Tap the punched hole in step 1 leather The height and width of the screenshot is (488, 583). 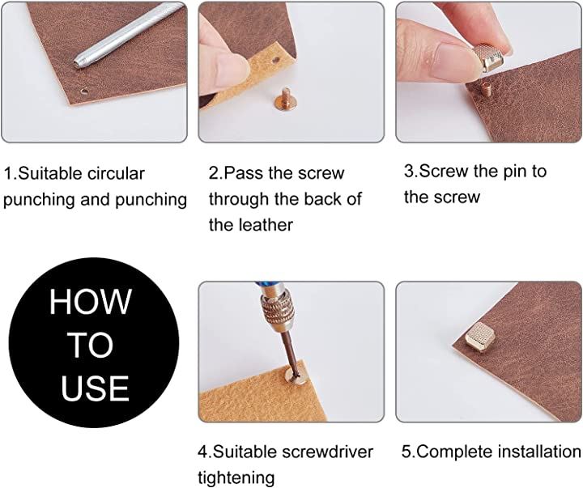point(84,91)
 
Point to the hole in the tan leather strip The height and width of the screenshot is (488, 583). point(275,59)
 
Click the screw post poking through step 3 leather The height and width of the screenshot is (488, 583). point(484,89)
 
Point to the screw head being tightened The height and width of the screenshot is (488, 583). point(296,377)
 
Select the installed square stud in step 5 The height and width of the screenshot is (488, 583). point(480,337)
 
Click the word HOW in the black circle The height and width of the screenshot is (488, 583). point(91,301)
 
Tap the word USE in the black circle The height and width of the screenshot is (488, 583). point(96,388)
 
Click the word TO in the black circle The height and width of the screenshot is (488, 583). point(91,345)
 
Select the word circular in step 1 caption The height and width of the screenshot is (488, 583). point(116,173)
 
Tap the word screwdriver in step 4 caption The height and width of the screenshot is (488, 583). point(327,452)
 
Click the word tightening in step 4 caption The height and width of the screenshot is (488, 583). point(236,477)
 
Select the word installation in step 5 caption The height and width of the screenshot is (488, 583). point(539,452)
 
